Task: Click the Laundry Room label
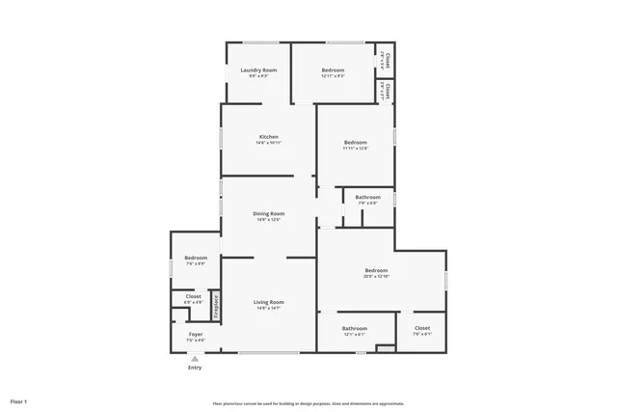tap(258, 70)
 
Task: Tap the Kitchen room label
tap(268, 137)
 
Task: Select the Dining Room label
tap(268, 213)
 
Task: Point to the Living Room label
tap(268, 302)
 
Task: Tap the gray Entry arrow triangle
tap(195, 358)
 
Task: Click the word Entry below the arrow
tap(195, 368)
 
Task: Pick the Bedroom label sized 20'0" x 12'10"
tap(376, 270)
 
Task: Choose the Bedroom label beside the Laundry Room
tap(333, 70)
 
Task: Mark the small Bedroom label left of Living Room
tap(196, 258)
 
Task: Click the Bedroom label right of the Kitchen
tap(355, 143)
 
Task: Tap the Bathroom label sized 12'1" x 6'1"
tap(355, 328)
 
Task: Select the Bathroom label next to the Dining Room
tap(367, 198)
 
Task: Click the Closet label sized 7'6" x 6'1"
tap(422, 328)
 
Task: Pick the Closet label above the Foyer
tap(193, 296)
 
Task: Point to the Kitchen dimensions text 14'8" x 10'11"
tap(268, 143)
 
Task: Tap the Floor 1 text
tap(18, 400)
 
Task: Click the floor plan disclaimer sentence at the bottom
tap(308, 403)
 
